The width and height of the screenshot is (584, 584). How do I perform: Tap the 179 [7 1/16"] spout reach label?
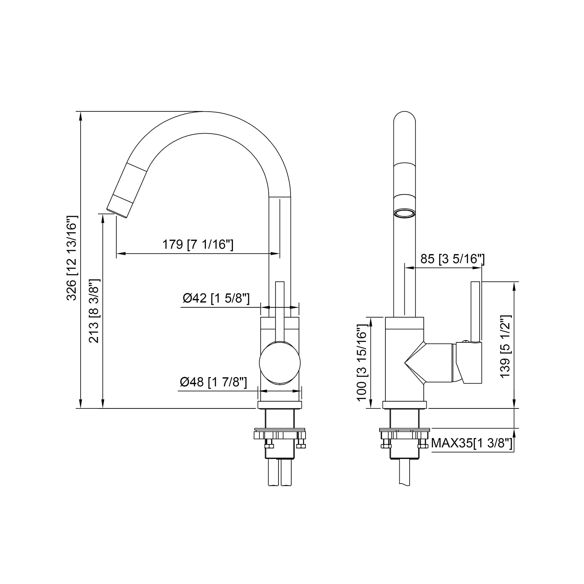197,244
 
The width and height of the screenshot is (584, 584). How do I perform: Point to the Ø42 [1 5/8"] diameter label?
216,298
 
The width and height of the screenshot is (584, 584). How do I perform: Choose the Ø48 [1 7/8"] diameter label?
214,382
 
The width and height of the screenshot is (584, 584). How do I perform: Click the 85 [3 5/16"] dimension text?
452,259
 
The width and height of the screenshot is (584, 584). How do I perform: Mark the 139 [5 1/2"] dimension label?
506,346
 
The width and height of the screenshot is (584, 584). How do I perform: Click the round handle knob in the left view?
280,363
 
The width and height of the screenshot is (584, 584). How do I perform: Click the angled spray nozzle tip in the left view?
119,207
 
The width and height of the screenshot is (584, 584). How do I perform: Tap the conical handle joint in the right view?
416,363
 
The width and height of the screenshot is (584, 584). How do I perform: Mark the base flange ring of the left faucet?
280,405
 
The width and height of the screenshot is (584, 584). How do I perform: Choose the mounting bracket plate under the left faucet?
280,434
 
